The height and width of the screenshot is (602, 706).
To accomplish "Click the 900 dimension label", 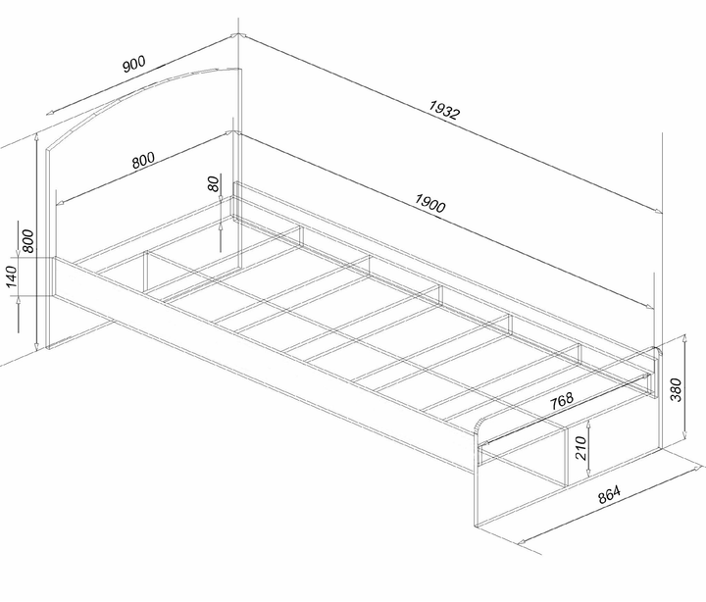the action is [134, 64].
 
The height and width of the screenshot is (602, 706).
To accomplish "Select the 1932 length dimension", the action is [444, 110].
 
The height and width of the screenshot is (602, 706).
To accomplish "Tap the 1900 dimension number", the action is [430, 203].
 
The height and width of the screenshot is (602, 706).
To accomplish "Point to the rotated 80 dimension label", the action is [214, 183].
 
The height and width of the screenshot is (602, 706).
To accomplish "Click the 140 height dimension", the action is [11, 276].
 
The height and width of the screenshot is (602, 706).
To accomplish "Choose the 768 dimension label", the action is [562, 400].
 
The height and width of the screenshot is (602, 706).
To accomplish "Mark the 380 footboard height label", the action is [677, 389].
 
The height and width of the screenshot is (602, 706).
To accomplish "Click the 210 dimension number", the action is [580, 448].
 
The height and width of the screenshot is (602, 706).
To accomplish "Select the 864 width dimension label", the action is [609, 494].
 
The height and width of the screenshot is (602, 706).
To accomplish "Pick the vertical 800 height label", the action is [27, 241].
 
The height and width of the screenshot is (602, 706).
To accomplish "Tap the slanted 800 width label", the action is [143, 160].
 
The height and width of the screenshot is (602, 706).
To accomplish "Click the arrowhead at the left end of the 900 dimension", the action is [50, 113].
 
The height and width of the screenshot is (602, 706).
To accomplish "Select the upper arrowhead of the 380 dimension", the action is [684, 337].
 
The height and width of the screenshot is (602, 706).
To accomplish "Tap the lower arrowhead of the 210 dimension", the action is [588, 473].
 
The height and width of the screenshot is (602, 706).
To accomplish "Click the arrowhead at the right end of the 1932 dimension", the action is [658, 211].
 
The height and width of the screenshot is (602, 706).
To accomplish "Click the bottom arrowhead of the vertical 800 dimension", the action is [36, 346].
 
